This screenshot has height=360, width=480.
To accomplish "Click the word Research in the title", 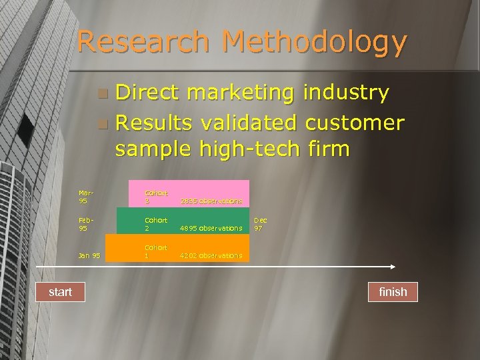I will pyautogui.click(x=143, y=42).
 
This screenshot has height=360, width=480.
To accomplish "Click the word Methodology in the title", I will pyautogui.click(x=315, y=43).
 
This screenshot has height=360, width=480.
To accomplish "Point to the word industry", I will pyautogui.click(x=347, y=93).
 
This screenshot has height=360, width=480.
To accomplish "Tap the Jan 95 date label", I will pyautogui.click(x=89, y=255).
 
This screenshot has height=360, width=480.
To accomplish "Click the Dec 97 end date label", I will pyautogui.click(x=261, y=224).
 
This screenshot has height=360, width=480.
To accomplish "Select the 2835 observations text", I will pyautogui.click(x=211, y=201).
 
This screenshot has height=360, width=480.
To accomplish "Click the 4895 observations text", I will pyautogui.click(x=211, y=228).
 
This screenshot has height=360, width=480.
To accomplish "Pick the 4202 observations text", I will pyautogui.click(x=211, y=255).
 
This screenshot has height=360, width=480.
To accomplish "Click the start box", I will pyautogui.click(x=60, y=292).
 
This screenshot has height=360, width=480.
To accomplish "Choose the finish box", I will pyautogui.click(x=393, y=292).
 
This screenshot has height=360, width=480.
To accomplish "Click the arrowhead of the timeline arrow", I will pyautogui.click(x=392, y=267).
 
